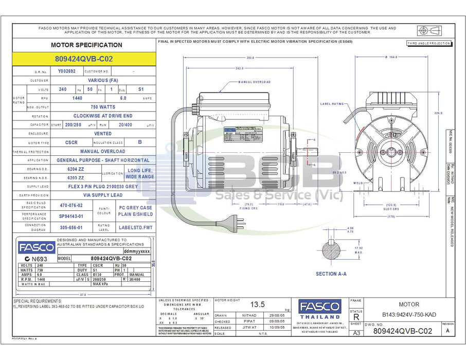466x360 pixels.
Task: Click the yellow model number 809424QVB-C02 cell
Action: pos(83,59)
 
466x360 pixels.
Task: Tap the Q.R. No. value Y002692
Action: pos(66,71)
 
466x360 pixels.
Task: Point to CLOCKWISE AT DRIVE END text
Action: pos(102,116)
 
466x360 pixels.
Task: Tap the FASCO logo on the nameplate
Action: pos(36,247)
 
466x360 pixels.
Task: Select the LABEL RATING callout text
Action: pos(332,103)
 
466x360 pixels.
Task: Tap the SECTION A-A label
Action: pos(331,274)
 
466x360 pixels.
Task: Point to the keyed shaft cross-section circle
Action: pos(331,251)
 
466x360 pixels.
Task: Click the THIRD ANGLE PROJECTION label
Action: pos(428,44)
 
